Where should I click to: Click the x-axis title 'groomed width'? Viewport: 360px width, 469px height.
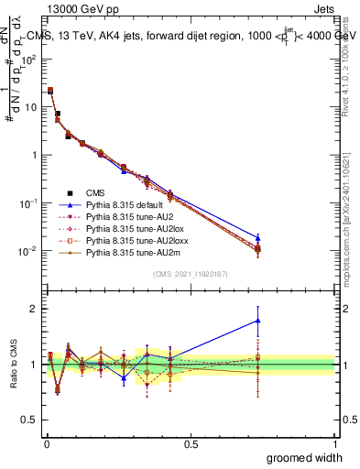[305, 457]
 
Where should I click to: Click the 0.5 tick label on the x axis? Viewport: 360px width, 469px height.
[191, 444]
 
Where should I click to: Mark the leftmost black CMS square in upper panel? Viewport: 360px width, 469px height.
[49, 91]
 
